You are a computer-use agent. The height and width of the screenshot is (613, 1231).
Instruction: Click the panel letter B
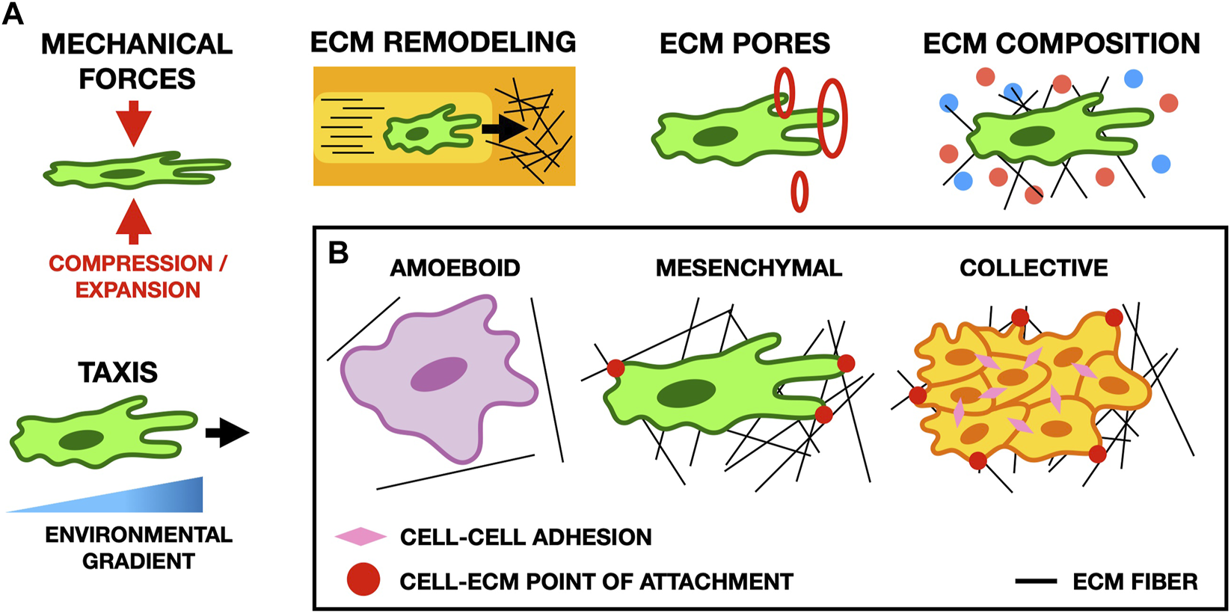point(338,253)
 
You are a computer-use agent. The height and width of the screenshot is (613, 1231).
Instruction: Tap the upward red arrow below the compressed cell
point(134,222)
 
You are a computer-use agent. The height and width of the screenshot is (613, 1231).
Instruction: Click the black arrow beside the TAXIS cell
point(227,433)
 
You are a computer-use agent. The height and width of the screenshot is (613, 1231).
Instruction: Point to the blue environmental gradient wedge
point(150,497)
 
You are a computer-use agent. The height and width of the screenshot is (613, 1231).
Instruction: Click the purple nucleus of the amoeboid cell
point(439,374)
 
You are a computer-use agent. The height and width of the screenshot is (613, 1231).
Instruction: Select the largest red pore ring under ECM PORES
point(832,118)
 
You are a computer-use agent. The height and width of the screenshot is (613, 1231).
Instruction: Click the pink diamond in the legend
point(360,536)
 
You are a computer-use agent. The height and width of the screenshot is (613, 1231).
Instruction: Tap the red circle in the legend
point(363,580)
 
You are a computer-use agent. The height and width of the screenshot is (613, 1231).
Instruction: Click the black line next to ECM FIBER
point(1036,581)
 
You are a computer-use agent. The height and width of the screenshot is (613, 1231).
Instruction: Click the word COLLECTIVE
point(1034,268)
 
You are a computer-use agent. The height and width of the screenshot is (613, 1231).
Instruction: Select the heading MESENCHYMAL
point(749,268)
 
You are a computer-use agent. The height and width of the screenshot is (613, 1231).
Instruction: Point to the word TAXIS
point(118,372)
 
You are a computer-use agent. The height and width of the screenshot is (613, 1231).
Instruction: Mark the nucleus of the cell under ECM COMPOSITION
point(1034,136)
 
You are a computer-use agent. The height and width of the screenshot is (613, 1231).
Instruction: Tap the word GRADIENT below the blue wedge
point(138,561)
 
